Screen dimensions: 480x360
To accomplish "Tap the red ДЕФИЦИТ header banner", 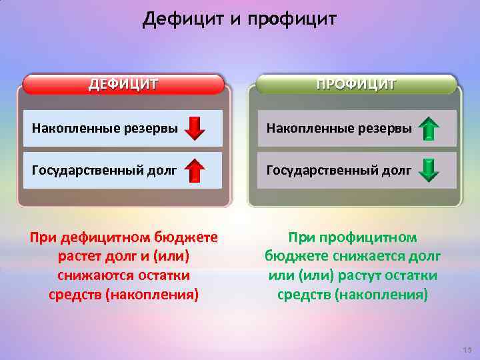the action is click(124, 84).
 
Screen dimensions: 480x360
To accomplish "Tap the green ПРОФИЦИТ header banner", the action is click(357, 84).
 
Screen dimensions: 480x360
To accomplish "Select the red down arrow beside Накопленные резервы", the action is click(195, 128).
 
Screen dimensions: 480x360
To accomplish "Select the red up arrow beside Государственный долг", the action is click(194, 171).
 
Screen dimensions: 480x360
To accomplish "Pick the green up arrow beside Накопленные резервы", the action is click(430, 128).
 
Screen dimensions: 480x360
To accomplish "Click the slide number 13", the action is click(466, 351).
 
